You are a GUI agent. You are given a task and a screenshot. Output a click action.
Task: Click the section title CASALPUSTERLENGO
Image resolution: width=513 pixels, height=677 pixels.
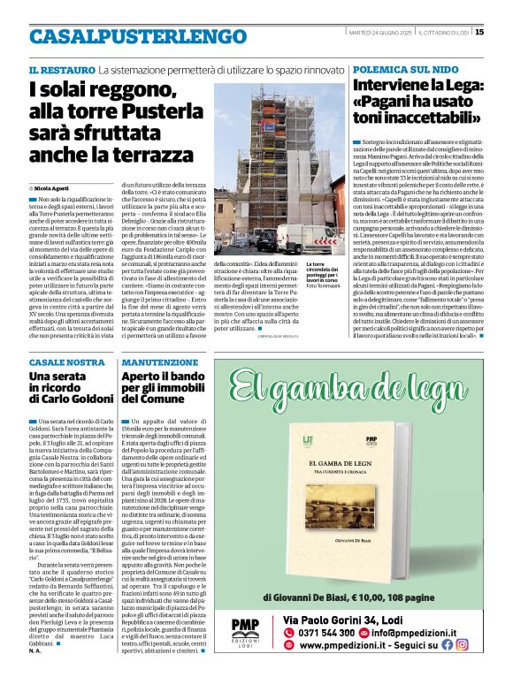(126, 36)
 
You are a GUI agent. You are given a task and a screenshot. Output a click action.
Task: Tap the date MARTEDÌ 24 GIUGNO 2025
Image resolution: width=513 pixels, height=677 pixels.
(379, 33)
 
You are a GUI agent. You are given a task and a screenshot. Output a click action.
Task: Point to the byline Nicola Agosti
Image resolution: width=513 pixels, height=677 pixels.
(56, 188)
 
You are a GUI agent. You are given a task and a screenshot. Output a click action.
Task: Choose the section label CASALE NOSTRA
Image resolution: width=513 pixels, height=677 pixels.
(66, 362)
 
